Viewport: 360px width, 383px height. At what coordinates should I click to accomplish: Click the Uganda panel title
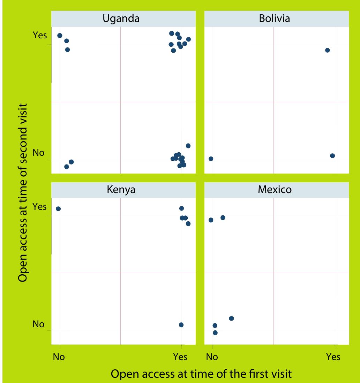(121, 19)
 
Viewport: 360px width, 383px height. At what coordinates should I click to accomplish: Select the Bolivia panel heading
(274, 19)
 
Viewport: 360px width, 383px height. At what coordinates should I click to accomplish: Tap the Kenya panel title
(121, 190)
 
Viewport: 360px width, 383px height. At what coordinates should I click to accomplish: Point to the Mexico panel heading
(275, 190)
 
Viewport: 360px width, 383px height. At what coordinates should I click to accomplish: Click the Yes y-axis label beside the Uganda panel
(39, 35)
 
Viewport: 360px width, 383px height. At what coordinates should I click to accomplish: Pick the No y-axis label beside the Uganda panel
(38, 153)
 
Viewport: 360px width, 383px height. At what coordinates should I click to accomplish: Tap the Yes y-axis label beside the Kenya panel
(39, 206)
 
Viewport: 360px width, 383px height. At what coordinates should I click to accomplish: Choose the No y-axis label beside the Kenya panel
(38, 324)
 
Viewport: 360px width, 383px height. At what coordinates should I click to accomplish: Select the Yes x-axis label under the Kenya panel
(180, 357)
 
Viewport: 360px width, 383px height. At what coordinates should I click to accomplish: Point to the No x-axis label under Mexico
(212, 357)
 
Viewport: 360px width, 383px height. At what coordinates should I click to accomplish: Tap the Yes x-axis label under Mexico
(333, 357)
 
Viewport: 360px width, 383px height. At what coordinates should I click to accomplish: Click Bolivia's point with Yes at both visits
(327, 50)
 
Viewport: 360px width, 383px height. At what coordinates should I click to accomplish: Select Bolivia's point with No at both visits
(211, 159)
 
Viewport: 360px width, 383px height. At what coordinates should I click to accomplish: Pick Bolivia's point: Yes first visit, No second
(332, 156)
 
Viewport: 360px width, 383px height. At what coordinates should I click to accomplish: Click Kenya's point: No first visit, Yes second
(58, 209)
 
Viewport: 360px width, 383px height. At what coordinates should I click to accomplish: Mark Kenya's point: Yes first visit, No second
(181, 325)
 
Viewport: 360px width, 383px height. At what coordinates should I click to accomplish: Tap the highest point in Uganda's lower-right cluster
(188, 146)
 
